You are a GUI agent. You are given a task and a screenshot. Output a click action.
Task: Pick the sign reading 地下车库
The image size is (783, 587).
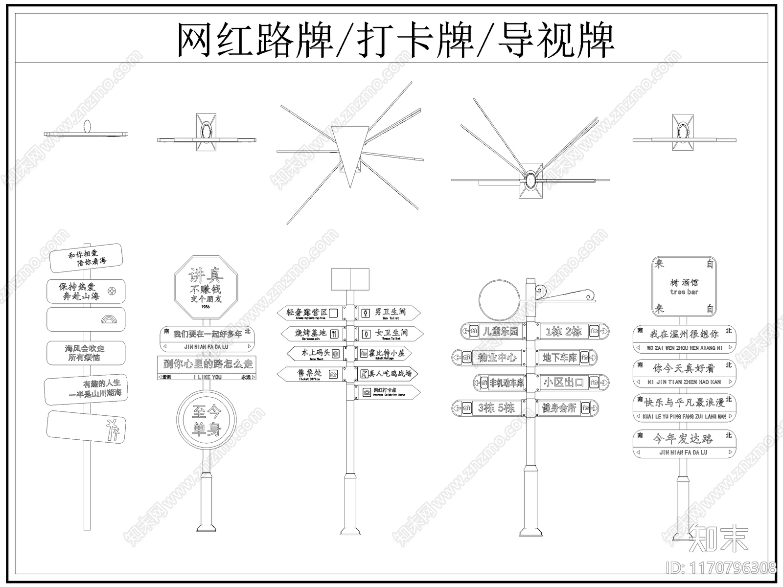[567, 358]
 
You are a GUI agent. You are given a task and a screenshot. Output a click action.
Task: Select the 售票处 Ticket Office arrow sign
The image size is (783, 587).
[310, 374]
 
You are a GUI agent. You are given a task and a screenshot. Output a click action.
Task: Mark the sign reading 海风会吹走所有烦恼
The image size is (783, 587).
[85, 353]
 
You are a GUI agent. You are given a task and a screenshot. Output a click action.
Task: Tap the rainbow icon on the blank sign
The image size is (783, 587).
[108, 320]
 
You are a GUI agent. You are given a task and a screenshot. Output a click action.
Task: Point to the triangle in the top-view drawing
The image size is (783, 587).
[349, 151]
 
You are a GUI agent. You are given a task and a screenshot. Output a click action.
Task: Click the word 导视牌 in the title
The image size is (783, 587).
[555, 41]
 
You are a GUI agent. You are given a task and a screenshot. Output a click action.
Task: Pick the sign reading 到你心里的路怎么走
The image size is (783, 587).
[207, 364]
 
